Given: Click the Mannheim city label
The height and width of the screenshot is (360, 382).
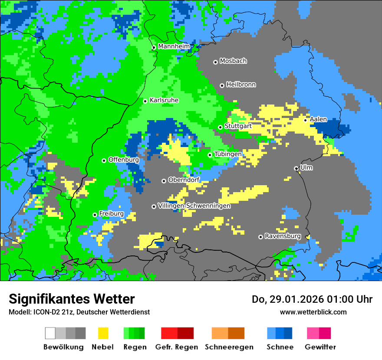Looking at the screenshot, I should click(x=174, y=46).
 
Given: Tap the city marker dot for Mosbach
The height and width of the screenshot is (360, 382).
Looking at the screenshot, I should click(x=215, y=62).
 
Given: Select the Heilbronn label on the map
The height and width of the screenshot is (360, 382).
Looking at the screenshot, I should click(x=241, y=85).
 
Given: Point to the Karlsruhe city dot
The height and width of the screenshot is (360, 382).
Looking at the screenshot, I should click(x=145, y=101).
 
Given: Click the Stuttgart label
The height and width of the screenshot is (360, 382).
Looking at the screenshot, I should click(x=238, y=126).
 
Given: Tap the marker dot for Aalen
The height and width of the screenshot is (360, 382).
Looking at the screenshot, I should click(x=306, y=120).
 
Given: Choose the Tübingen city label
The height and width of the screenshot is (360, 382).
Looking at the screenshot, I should click(x=228, y=154).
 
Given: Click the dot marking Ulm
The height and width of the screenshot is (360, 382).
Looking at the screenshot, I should click(x=296, y=168).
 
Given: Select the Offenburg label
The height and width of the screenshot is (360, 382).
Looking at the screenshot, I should click(x=124, y=160).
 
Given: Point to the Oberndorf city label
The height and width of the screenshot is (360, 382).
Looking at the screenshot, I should click(x=184, y=180).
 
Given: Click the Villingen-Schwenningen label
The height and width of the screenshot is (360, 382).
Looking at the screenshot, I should click(x=194, y=206).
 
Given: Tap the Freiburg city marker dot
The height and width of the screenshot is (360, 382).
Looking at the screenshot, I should click(x=95, y=215).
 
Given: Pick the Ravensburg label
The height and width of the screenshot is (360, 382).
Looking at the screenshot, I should click(x=283, y=236).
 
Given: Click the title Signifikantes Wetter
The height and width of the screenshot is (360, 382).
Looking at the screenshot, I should click(x=72, y=299).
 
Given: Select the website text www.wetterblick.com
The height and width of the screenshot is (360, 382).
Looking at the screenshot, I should click(x=313, y=312).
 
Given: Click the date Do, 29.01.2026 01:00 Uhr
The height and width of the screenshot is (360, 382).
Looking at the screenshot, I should click(x=312, y=299).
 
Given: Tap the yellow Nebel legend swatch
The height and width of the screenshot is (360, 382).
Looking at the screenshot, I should click(x=103, y=333).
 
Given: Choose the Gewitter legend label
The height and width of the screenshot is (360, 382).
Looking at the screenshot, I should click(x=320, y=347).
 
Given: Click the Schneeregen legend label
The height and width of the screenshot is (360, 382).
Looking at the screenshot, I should click(x=229, y=347).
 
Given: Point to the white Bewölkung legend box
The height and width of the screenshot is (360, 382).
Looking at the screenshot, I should click(x=50, y=333).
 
